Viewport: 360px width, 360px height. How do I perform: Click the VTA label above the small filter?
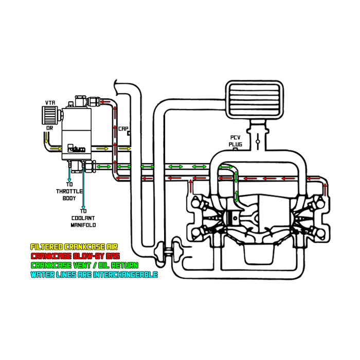click(x=50, y=102)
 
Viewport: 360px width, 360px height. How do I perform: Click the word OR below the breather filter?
click(x=49, y=128)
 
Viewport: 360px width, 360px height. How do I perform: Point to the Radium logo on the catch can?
click(x=77, y=149)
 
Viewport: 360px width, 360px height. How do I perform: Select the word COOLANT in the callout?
click(x=83, y=218)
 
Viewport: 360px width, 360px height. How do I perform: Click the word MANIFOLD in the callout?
click(x=83, y=225)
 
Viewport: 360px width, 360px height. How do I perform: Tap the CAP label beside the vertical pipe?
click(x=123, y=129)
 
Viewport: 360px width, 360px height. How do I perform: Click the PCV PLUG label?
click(x=236, y=141)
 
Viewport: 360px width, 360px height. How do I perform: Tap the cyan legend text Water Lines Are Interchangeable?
click(x=94, y=275)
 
